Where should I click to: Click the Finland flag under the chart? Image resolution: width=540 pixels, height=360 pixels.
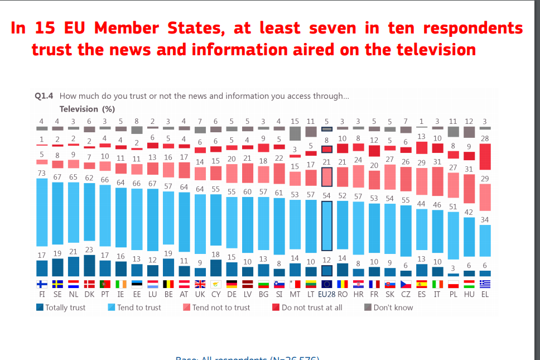(x=41, y=284)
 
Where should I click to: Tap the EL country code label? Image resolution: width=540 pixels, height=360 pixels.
(x=485, y=294)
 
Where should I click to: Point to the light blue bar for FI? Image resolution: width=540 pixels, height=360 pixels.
(x=41, y=212)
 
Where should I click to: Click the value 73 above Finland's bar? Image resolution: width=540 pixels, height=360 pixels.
(x=41, y=173)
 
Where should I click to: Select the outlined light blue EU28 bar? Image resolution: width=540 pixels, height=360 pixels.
(x=327, y=225)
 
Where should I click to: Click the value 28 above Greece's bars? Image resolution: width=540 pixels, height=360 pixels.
(x=485, y=138)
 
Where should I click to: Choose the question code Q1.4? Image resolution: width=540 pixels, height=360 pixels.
(x=44, y=96)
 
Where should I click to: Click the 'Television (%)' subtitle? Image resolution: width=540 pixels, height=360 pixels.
(x=87, y=109)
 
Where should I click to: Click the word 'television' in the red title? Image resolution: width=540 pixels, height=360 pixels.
(x=436, y=50)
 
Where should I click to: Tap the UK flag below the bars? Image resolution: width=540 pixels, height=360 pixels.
(x=200, y=284)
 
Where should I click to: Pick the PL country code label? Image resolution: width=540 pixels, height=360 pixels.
(x=454, y=294)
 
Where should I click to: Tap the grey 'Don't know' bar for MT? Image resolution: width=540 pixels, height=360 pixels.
(x=295, y=133)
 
